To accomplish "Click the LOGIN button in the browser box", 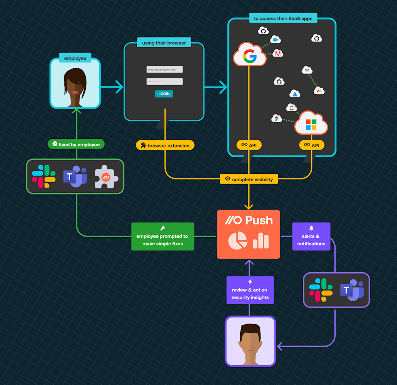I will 164,94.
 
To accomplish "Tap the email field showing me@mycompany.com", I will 164,69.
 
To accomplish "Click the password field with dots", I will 164,82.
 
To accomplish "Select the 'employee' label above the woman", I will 75,58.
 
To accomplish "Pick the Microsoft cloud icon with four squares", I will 311,123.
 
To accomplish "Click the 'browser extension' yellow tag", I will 165,145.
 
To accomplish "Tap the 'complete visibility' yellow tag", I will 249,179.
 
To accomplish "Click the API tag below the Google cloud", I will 249,145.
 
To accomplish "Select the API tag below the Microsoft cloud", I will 312,145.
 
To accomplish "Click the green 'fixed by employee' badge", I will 76,144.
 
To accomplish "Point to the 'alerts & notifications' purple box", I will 311,237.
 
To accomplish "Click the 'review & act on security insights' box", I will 250,290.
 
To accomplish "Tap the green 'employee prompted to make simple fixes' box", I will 162,237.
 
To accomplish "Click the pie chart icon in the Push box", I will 238,241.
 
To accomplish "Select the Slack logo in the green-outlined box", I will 44,176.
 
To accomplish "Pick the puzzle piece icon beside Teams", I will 106,176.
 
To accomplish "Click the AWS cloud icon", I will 307,70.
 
